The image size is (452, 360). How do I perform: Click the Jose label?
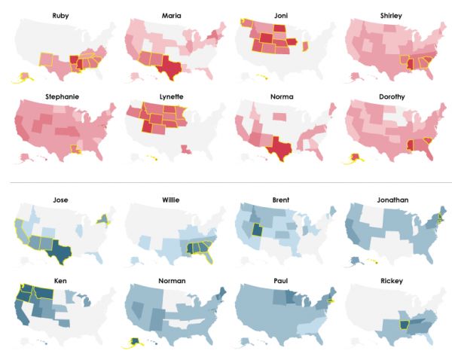click(x=60, y=200)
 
